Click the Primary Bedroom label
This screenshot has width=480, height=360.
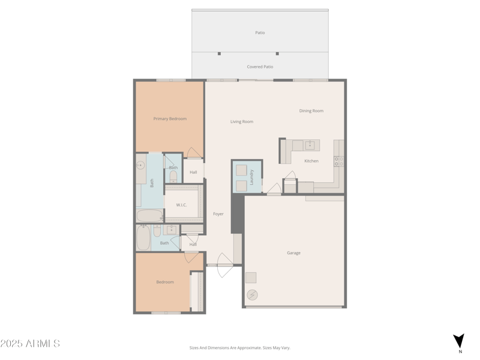[170, 119]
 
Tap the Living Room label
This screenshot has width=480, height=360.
[242, 122]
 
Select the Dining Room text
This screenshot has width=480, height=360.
[311, 111]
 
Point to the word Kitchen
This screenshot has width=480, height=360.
[311, 161]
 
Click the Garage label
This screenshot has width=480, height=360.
[293, 253]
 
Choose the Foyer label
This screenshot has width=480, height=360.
[218, 214]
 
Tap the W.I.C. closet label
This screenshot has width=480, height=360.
[181, 205]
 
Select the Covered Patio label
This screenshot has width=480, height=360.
[260, 67]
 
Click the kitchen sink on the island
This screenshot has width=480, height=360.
[310, 145]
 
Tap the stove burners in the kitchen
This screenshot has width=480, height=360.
[338, 161]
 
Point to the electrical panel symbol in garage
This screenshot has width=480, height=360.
[252, 295]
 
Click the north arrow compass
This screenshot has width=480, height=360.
[459, 341]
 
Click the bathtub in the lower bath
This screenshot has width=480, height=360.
[143, 238]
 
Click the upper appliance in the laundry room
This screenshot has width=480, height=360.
[241, 170]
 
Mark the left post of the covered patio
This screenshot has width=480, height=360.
[219, 53]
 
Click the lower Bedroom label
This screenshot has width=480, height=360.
[165, 282]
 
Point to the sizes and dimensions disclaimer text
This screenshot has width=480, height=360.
[240, 347]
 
